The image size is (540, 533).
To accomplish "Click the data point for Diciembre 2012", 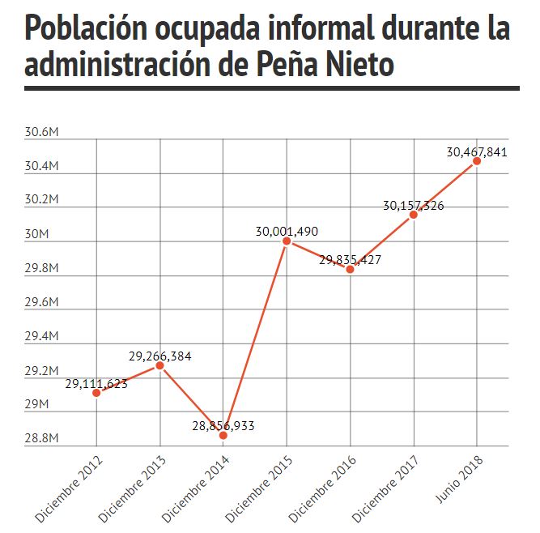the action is point(96,392).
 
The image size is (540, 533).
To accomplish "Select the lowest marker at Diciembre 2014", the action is point(223,436).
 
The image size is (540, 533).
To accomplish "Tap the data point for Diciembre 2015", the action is point(287,241).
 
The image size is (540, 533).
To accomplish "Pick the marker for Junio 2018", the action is point(477,161).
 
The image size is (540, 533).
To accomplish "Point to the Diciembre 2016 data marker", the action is point(350,269).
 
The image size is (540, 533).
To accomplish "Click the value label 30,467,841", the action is point(477,152).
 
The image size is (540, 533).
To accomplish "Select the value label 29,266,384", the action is point(160,356).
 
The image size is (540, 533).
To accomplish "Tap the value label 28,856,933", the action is point(223,426).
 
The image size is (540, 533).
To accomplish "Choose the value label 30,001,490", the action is point(287,232).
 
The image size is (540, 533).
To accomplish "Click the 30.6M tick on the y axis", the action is point(41,132).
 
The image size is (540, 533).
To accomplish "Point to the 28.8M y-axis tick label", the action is point(41,438).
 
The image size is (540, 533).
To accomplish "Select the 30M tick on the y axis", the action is point(37,234).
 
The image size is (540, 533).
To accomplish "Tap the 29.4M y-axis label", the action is point(41,336).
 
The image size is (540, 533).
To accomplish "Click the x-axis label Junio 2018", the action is point(459,480).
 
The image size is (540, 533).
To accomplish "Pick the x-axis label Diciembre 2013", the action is point(132,489).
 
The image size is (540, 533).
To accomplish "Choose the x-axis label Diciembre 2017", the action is point(385,489).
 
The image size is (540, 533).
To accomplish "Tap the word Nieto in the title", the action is point(359,64).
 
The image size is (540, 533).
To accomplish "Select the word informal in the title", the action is point(321,27).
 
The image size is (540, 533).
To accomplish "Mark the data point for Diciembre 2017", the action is point(413,215).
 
